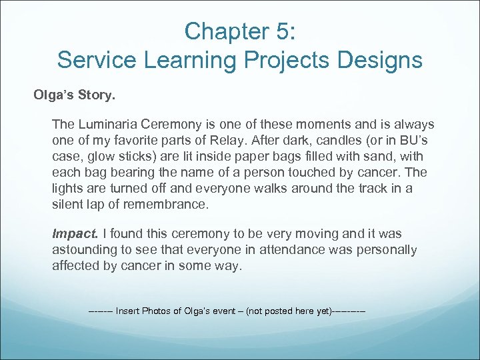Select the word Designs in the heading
pos(379,61)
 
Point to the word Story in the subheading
pos(96,95)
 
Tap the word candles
pos(358,141)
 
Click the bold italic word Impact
pos(75,234)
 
